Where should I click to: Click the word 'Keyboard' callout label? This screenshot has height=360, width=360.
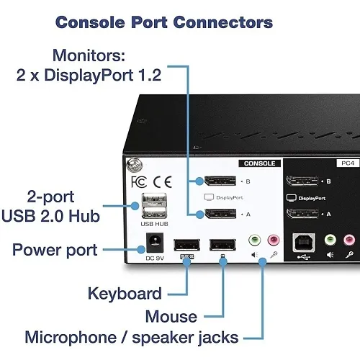pyautogui.click(x=125, y=293)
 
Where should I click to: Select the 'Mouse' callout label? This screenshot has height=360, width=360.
pyautogui.click(x=171, y=316)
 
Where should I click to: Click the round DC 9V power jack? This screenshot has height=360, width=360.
pyautogui.click(x=153, y=242)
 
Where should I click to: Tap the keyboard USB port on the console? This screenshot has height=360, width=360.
pyautogui.click(x=186, y=243)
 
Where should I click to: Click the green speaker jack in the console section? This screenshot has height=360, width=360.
pyautogui.click(x=253, y=240)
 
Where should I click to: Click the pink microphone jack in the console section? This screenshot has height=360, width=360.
pyautogui.click(x=273, y=240)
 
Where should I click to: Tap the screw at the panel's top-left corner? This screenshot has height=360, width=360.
pyautogui.click(x=132, y=165)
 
